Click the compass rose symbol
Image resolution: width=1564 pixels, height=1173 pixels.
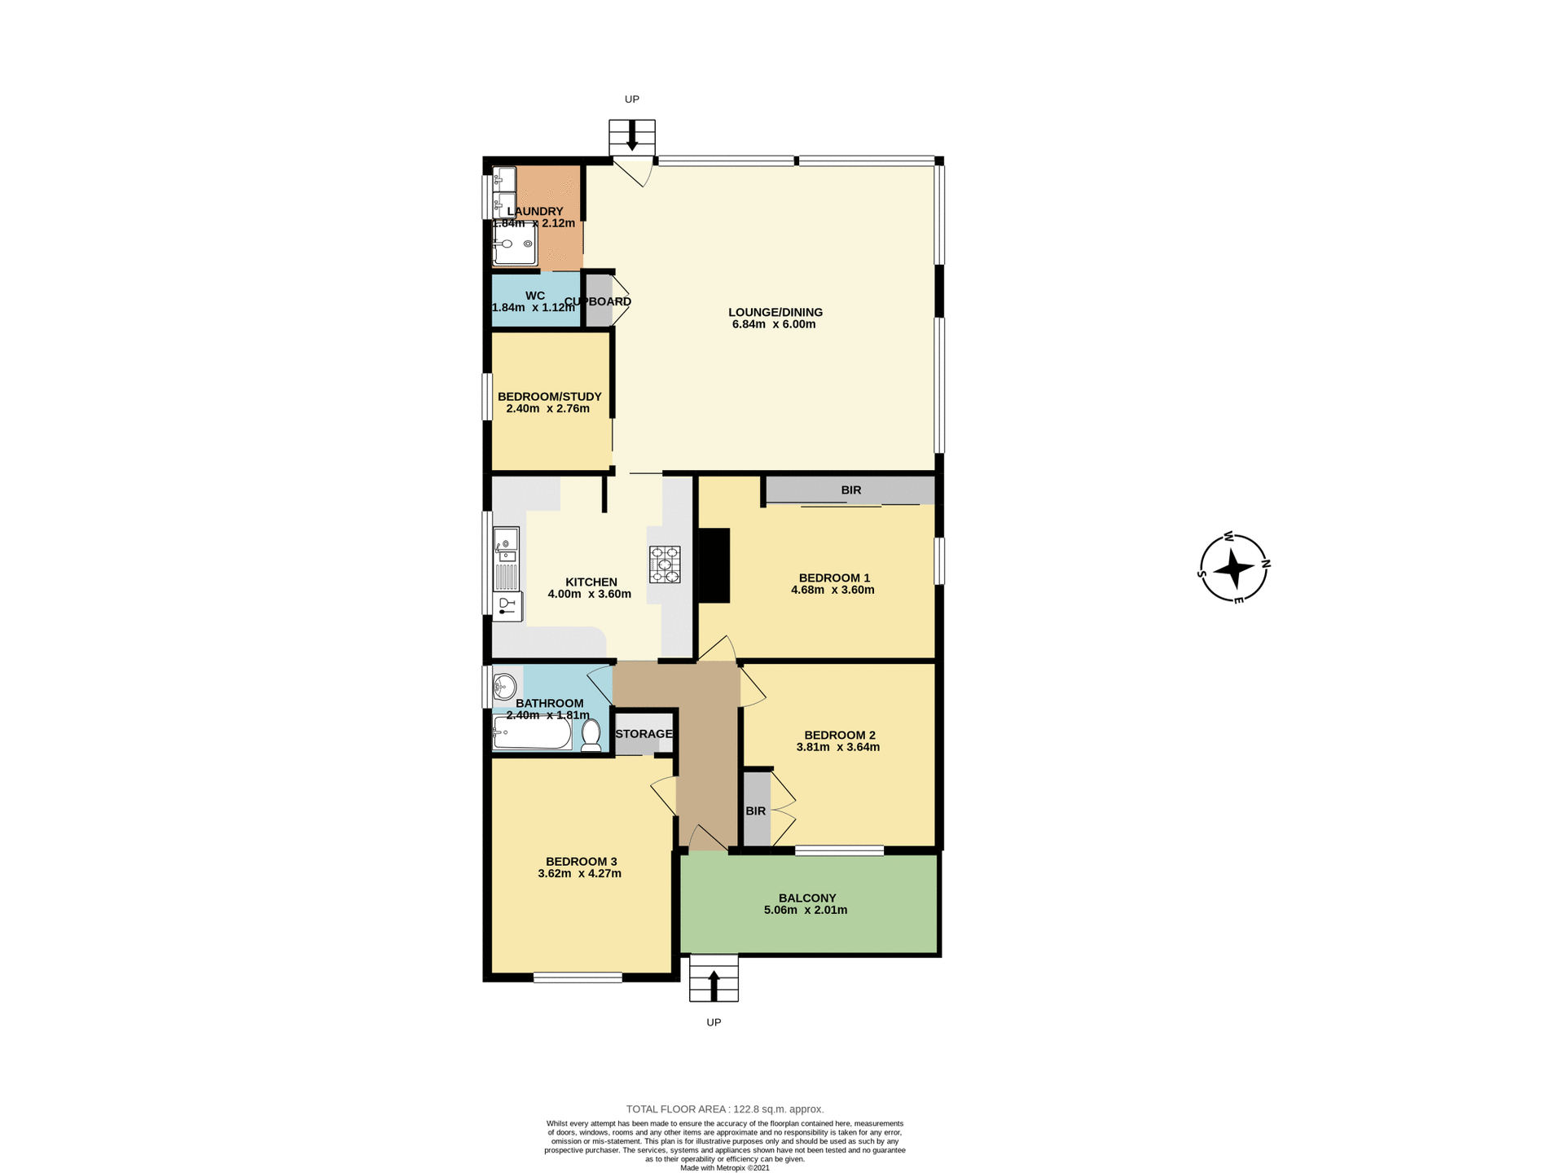click(x=1234, y=568)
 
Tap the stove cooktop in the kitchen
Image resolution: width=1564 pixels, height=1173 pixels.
click(x=665, y=565)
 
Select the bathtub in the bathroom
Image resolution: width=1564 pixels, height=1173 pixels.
click(x=533, y=733)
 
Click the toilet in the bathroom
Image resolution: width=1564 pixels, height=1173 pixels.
click(x=591, y=736)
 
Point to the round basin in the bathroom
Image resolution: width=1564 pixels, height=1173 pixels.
click(x=505, y=687)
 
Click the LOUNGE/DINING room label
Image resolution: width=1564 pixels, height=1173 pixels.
click(x=775, y=312)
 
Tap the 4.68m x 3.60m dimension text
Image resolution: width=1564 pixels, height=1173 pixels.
click(x=833, y=590)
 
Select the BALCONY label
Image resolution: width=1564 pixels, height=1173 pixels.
click(x=806, y=898)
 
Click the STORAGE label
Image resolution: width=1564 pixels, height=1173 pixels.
click(x=644, y=734)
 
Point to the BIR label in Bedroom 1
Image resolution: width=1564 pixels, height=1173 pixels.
click(x=850, y=490)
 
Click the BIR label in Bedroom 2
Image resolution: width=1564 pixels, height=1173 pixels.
click(x=755, y=811)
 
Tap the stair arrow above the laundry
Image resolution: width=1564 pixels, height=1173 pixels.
click(x=631, y=137)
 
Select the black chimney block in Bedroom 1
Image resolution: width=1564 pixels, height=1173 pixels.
click(x=714, y=565)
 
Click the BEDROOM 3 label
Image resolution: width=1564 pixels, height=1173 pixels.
click(x=581, y=861)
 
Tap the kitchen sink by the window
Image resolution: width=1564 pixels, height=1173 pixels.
click(x=506, y=541)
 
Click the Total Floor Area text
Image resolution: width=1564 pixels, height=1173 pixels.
click(x=724, y=1109)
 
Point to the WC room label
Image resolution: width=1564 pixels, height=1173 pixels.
click(x=534, y=296)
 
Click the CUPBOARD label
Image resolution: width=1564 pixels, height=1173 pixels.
click(x=598, y=301)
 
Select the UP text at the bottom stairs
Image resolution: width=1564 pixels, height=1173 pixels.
click(x=714, y=1022)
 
